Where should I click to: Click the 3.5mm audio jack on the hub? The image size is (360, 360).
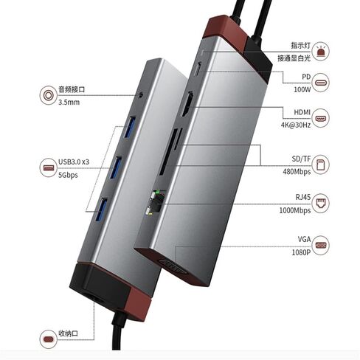coord(141,95)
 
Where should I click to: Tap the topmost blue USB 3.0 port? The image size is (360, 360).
coord(130,127)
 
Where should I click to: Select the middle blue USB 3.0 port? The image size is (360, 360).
coord(115,167)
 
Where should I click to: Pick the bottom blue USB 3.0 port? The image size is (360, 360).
coord(101,209)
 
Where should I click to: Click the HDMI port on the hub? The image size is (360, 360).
coord(187,104)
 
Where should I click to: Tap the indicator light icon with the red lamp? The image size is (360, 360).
coord(320,51)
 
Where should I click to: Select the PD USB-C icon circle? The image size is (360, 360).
coord(320,83)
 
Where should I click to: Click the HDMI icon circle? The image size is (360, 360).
coord(320,118)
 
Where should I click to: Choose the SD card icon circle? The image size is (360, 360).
coord(320,165)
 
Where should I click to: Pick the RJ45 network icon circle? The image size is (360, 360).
coord(320,203)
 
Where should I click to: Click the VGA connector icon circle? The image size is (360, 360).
coord(320,245)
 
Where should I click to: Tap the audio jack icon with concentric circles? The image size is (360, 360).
coord(49,95)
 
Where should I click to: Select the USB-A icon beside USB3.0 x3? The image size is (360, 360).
coord(49,167)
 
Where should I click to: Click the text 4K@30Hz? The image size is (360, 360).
coord(296,125)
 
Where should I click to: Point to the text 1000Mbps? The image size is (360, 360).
coord(295,210)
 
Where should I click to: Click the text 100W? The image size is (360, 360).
coord(302,89)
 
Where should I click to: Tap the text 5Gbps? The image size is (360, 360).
coord(68,175)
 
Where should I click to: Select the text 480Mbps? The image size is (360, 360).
coord(297,172)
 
